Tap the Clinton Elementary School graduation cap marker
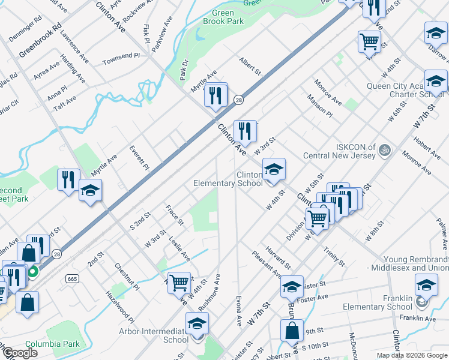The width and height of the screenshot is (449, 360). [273, 169]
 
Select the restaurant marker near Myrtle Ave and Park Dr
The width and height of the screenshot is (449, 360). [215, 95]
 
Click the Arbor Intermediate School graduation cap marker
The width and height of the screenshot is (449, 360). [197, 324]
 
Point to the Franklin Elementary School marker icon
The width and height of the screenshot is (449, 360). [426, 284]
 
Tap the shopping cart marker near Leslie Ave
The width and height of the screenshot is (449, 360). [179, 282]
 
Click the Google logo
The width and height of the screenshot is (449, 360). [19, 353]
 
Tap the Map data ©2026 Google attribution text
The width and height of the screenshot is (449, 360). [411, 355]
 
